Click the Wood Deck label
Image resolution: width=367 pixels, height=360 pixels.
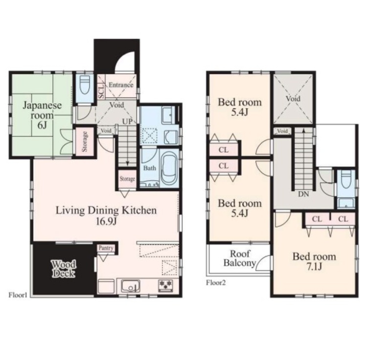pyautogui.click(x=64, y=269)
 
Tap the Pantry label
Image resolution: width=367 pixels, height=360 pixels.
pyautogui.click(x=106, y=248)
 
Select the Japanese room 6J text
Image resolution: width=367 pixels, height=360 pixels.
pyautogui.click(x=42, y=115)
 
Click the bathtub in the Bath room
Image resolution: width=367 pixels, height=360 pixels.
pyautogui.click(x=169, y=168)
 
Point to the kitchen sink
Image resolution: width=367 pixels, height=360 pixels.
pyautogui.click(x=131, y=286)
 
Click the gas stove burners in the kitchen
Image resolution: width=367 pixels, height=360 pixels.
pyautogui.click(x=166, y=286)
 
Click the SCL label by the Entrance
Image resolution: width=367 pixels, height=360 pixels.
pyautogui.click(x=101, y=91)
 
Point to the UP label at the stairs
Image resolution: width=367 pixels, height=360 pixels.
pyautogui.click(x=128, y=121)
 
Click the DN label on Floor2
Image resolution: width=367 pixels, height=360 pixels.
pyautogui.click(x=303, y=194)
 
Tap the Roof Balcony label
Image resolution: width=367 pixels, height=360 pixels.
pyautogui.click(x=239, y=258)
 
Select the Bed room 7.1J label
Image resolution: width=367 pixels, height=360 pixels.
pyautogui.click(x=314, y=261)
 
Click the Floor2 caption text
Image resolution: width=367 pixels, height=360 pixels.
pyautogui.click(x=216, y=283)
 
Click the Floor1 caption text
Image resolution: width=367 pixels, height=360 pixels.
pyautogui.click(x=18, y=295)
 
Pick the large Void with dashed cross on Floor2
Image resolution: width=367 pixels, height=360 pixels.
pyautogui.click(x=293, y=99)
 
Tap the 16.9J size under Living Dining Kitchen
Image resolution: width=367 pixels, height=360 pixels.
pyautogui.click(x=106, y=221)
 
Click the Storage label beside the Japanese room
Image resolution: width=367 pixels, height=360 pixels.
pyautogui.click(x=85, y=141)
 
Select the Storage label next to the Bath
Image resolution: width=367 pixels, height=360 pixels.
pyautogui.click(x=127, y=179)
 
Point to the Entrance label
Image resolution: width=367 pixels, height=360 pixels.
pyautogui.click(x=121, y=85)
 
